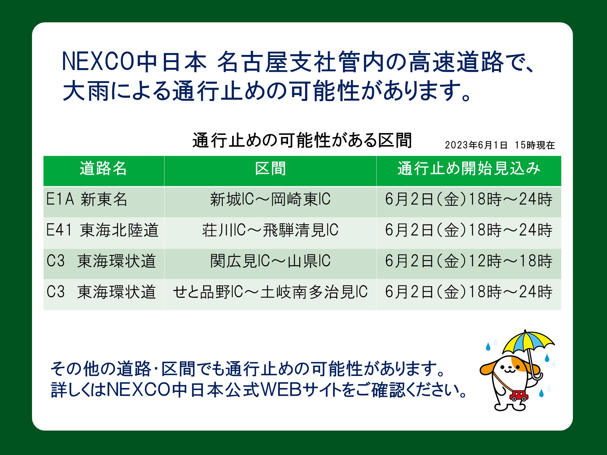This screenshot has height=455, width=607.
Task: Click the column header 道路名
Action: click(x=104, y=168)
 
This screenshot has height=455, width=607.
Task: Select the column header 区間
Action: click(x=270, y=168)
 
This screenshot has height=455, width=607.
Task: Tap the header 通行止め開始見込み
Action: click(x=468, y=168)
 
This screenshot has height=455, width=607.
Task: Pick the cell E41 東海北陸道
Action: click(x=102, y=230)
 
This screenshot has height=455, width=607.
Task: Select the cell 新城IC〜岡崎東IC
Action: click(x=270, y=199)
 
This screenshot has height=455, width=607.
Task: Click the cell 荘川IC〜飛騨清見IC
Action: click(x=270, y=230)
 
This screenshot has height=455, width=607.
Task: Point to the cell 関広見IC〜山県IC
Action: click(x=270, y=261)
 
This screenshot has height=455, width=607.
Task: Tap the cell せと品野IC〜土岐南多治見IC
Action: click(x=270, y=292)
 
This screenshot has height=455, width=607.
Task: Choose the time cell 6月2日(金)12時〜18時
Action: click(x=468, y=261)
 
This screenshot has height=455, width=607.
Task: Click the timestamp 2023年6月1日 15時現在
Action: click(x=500, y=145)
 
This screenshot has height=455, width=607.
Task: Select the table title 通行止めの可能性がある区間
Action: click(x=302, y=140)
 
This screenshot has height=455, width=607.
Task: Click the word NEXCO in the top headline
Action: click(x=98, y=62)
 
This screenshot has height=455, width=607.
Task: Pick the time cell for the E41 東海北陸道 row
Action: click(x=468, y=230)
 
